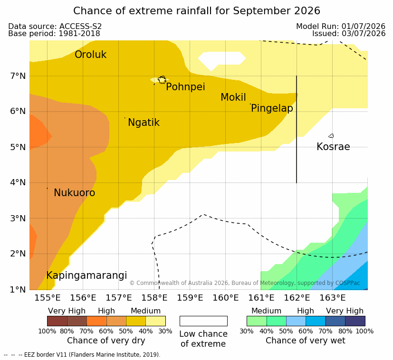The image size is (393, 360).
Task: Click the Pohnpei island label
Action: pos(185,87)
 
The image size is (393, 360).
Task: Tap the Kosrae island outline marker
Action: pos(331,136)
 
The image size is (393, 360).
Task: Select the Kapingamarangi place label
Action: pos(86,275)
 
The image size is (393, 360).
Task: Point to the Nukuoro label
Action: pos(75,193)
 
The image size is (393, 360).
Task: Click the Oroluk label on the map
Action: pos(90,55)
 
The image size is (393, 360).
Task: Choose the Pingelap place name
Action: pos(272,108)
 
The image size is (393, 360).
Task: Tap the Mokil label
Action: pos(233,97)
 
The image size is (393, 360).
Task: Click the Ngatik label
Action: pos(144,123)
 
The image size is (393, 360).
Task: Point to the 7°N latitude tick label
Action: pos(18,76)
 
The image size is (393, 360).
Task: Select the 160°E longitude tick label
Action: pos(226,298)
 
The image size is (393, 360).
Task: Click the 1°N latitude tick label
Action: pos(18,290)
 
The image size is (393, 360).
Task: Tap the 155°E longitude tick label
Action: pos(48,298)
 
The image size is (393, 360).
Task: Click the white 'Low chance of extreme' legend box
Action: pos(203,321)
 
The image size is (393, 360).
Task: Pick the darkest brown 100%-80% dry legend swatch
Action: pos(57,321)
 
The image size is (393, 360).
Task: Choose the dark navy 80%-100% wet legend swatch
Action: pos(355,321)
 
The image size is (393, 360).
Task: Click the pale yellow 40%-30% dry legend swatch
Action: pos(156,321)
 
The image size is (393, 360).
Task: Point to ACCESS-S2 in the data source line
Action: pos(80,26)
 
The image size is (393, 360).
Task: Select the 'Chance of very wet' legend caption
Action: pos(305,341)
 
